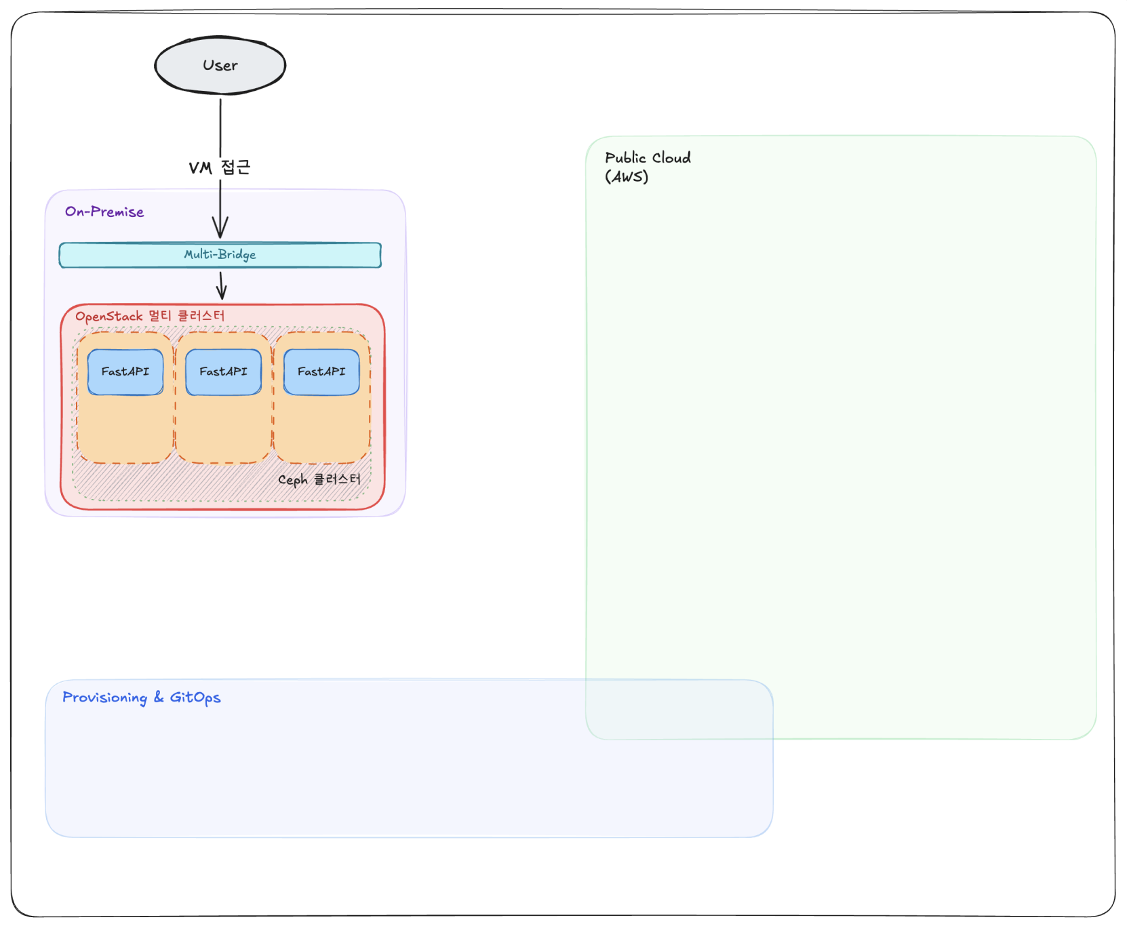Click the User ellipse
click(x=220, y=65)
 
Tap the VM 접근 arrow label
click(x=220, y=167)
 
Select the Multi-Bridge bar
click(x=220, y=255)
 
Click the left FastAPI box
click(x=125, y=371)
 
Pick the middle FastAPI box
click(x=224, y=371)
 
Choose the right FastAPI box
click(x=321, y=371)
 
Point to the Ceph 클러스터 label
click(x=319, y=480)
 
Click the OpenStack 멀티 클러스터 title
click(x=150, y=317)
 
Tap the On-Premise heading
click(x=104, y=212)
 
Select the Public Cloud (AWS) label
click(x=648, y=167)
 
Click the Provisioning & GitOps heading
click(x=142, y=698)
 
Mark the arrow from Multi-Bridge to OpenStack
click(x=221, y=285)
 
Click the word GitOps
click(x=195, y=698)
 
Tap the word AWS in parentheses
click(x=627, y=177)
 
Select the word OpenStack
click(x=109, y=317)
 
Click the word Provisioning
click(x=105, y=698)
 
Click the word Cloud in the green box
click(x=671, y=158)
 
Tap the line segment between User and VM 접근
click(x=220, y=127)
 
